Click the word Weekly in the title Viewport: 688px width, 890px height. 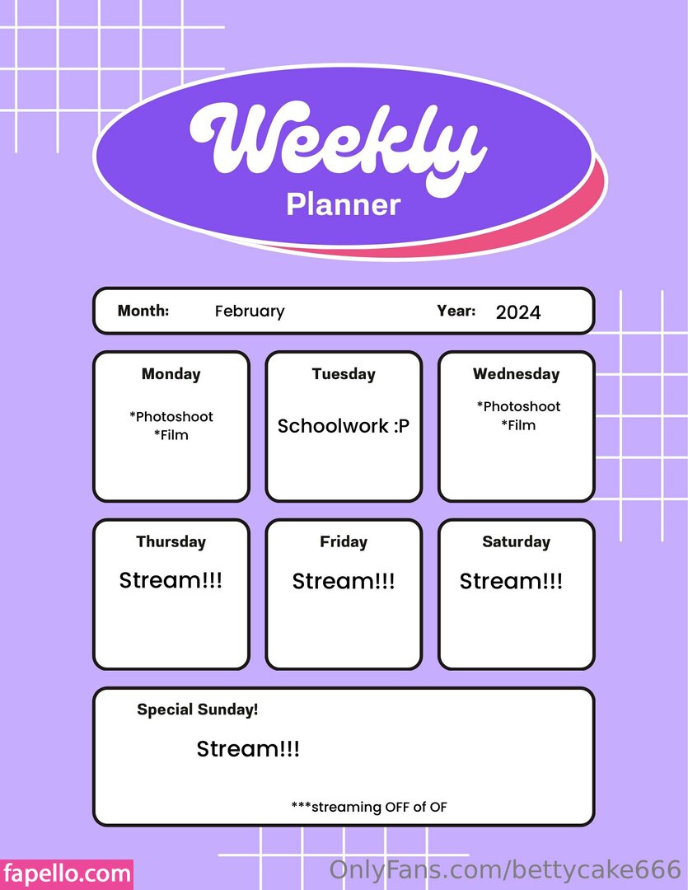click(339, 148)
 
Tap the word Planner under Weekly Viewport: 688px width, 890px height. click(344, 205)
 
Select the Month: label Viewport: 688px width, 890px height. click(143, 311)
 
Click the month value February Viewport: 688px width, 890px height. click(250, 311)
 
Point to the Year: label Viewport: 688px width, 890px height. click(456, 311)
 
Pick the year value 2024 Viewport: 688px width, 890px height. click(518, 312)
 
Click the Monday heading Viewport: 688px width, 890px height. click(171, 374)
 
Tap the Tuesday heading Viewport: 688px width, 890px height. click(344, 374)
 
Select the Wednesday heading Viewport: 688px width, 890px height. click(516, 374)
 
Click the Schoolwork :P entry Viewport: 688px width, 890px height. click(344, 426)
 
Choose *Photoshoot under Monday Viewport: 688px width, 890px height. click(171, 417)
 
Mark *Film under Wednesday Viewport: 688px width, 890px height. click(518, 425)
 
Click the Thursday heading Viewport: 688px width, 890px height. click(171, 541)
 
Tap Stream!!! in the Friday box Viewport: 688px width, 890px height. click(344, 581)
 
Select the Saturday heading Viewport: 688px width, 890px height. click(516, 541)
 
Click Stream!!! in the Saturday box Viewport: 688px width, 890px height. click(511, 581)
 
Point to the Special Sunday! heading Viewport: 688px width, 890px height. click(198, 710)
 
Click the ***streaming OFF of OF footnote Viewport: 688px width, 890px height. click(369, 807)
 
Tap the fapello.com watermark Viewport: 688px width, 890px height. click(67, 874)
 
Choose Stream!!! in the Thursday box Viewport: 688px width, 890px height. click(171, 581)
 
